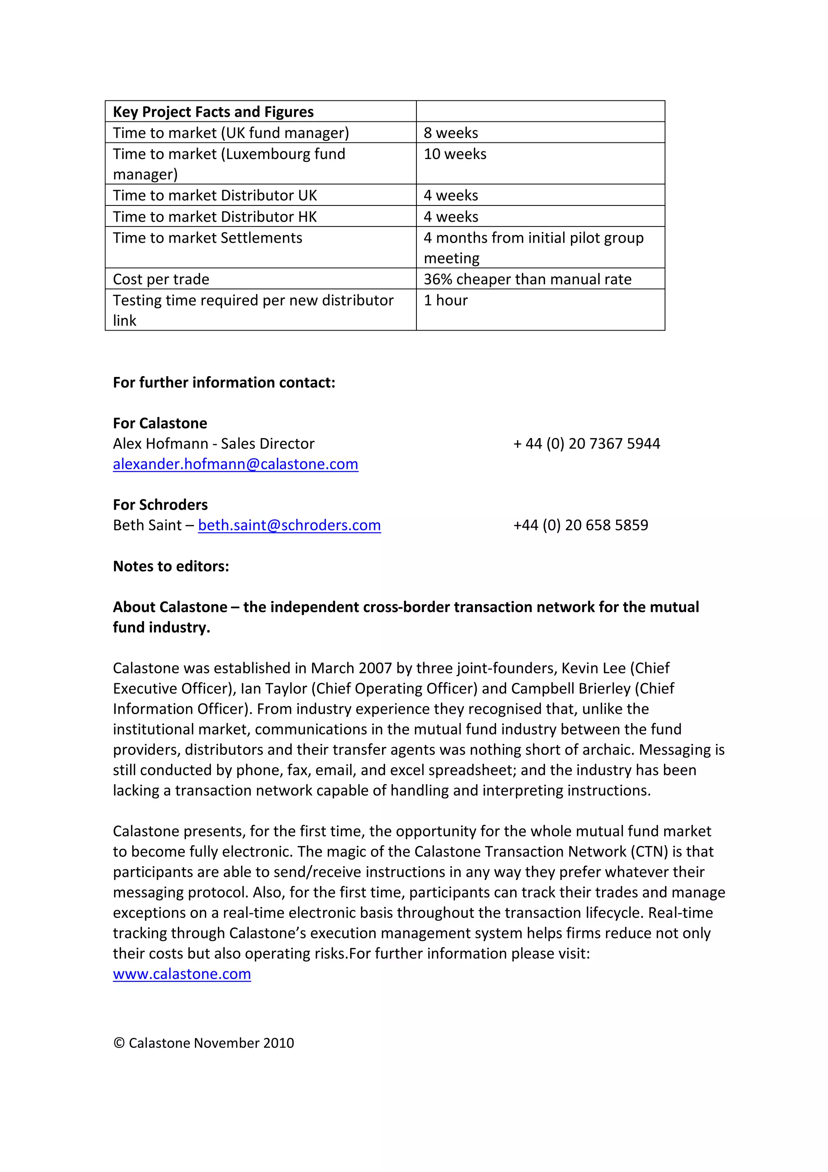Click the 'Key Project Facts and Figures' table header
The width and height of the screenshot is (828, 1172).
213,112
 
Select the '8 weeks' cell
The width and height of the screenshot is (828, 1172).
450,133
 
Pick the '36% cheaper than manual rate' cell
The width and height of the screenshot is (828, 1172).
527,279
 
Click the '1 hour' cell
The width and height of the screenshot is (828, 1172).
446,300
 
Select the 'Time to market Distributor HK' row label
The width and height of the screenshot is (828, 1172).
214,216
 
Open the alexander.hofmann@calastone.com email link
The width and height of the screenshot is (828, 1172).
235,464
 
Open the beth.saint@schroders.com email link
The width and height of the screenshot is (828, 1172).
289,525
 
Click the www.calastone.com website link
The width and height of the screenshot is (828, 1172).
182,973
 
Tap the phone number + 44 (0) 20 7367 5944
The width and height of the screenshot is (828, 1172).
586,443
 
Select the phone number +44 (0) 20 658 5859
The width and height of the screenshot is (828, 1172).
580,525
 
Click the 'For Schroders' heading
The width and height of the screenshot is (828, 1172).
160,505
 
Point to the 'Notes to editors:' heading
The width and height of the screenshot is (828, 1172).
171,566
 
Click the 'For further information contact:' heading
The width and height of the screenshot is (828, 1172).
224,382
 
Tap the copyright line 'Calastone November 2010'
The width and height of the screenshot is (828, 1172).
204,1043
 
